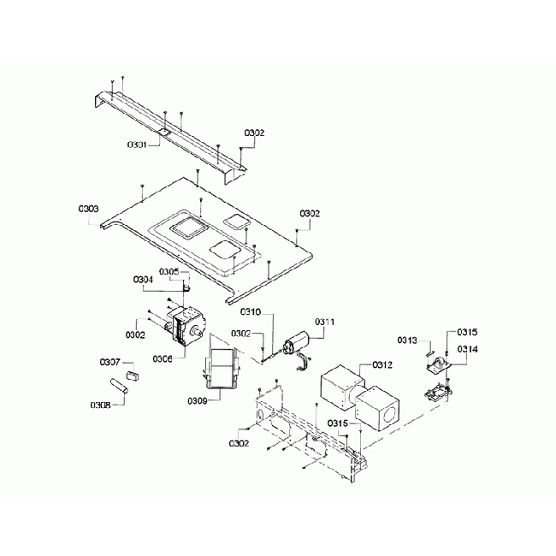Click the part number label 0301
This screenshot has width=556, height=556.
pyautogui.click(x=137, y=145)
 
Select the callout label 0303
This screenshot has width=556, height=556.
pyautogui.click(x=89, y=209)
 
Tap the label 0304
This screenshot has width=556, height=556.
pyautogui.click(x=143, y=280)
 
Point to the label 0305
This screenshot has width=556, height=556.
pyautogui.click(x=169, y=272)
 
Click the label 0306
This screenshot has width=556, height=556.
pyautogui.click(x=163, y=359)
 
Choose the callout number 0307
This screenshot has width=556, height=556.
pyautogui.click(x=110, y=362)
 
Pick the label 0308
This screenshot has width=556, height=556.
pyautogui.click(x=100, y=405)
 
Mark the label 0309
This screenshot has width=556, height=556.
pyautogui.click(x=198, y=401)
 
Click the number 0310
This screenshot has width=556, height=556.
pyautogui.click(x=251, y=312)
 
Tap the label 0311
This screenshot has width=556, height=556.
pyautogui.click(x=325, y=322)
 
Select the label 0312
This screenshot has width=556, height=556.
pyautogui.click(x=382, y=365)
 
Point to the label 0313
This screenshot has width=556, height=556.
pyautogui.click(x=407, y=340)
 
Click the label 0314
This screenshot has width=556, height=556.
pyautogui.click(x=467, y=349)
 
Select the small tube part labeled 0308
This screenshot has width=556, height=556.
pyautogui.click(x=119, y=386)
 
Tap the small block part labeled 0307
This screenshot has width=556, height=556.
pyautogui.click(x=133, y=376)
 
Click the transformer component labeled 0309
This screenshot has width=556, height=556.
pyautogui.click(x=222, y=369)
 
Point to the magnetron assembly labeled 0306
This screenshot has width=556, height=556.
pyautogui.click(x=184, y=326)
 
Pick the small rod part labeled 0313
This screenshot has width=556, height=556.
pyautogui.click(x=429, y=354)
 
